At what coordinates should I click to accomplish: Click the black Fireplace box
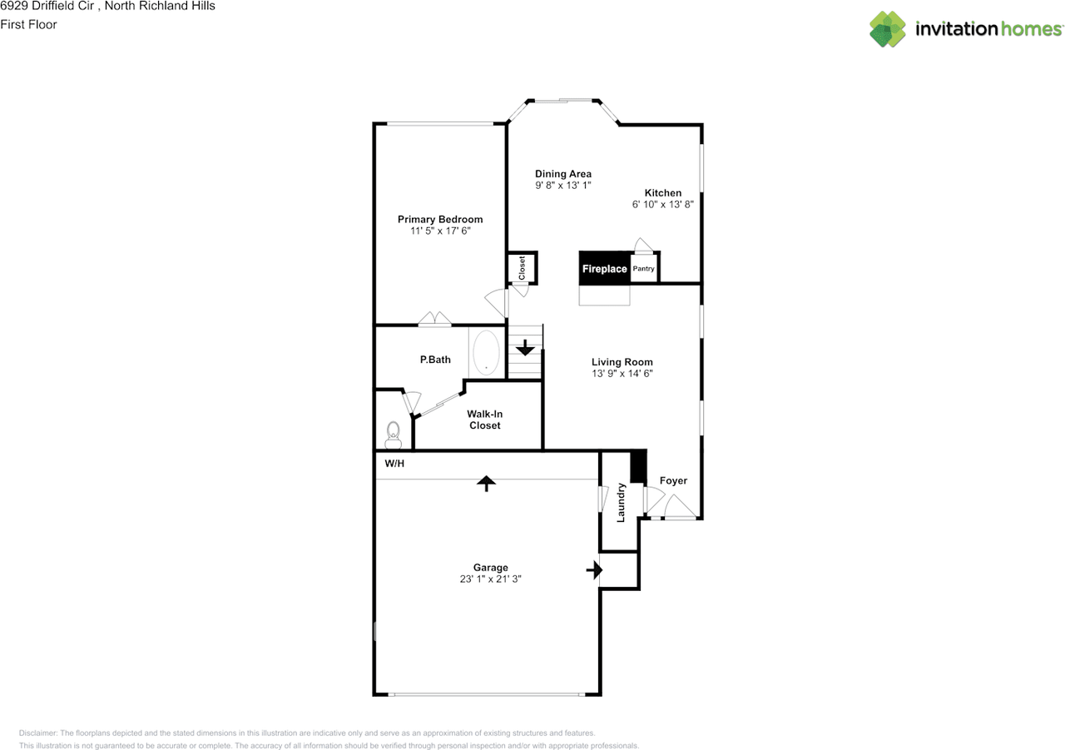click(604, 268)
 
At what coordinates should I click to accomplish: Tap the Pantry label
click(643, 269)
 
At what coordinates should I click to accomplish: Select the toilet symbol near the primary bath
click(394, 435)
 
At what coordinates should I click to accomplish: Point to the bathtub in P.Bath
click(486, 352)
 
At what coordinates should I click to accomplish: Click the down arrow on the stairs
click(525, 348)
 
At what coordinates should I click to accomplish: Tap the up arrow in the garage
click(486, 483)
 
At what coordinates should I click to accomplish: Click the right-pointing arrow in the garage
click(594, 569)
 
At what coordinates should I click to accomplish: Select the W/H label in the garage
click(394, 463)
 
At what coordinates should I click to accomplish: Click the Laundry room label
click(621, 503)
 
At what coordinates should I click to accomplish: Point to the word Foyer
click(673, 481)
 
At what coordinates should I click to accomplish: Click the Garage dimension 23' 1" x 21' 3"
click(490, 579)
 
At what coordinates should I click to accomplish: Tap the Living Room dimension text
click(622, 374)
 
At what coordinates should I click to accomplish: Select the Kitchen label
click(663, 192)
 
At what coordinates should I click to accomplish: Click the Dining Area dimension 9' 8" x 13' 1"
click(563, 185)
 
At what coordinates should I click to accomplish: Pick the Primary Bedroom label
click(440, 219)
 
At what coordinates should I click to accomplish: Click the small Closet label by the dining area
click(522, 268)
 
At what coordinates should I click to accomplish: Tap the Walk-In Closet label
click(484, 420)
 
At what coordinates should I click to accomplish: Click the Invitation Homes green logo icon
click(887, 29)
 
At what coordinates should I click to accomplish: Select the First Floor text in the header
click(28, 24)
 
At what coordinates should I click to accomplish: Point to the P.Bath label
click(435, 360)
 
